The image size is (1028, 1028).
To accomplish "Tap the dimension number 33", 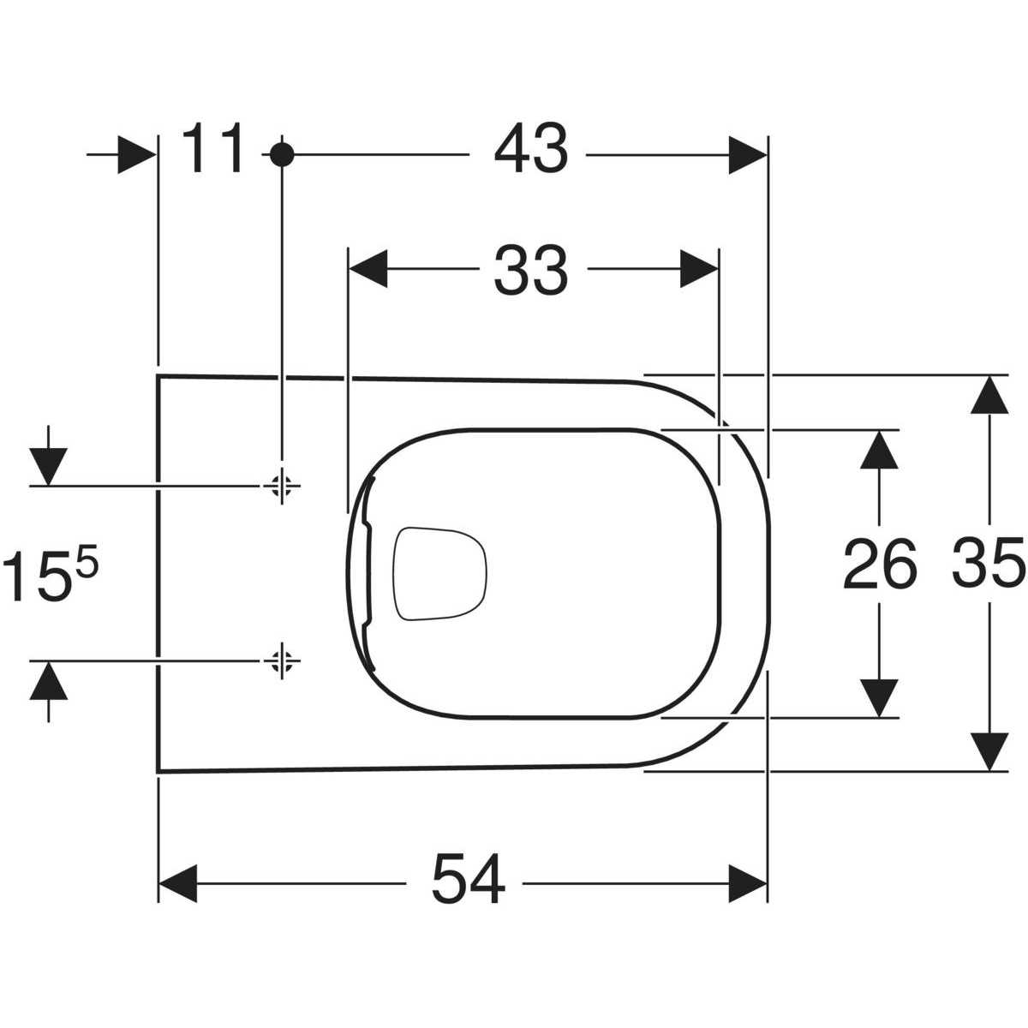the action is (530, 270).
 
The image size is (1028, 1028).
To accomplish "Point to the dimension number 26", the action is (880, 564).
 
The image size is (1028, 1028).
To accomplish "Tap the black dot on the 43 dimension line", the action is (282, 155).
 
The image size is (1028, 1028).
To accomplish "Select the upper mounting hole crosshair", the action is (282, 486).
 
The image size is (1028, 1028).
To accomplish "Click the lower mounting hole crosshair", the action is (282, 660).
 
